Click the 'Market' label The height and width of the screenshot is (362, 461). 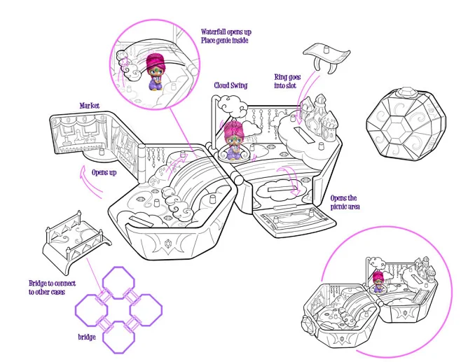coord(89,106)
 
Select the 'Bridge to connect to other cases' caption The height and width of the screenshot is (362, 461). coord(48,287)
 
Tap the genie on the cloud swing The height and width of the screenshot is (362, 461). coord(234,142)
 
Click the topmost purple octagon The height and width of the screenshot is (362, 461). coord(119,281)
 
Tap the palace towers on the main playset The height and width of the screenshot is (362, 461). coord(319,116)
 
